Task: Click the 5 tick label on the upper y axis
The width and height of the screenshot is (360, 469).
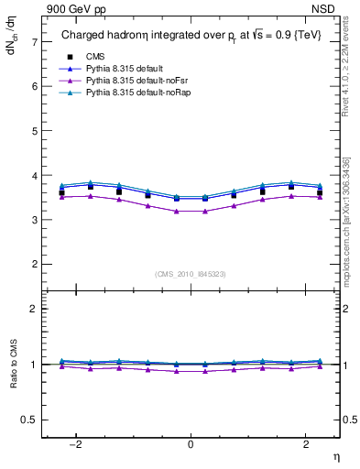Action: click(x=35, y=131)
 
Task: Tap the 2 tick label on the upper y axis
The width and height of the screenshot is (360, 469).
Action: click(x=35, y=265)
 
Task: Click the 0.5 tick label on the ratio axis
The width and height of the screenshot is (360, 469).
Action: click(x=30, y=420)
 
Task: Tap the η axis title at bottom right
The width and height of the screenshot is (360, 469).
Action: click(x=335, y=456)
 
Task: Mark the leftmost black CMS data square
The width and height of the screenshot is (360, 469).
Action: click(x=61, y=192)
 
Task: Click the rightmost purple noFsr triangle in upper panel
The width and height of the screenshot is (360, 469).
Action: click(x=319, y=197)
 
